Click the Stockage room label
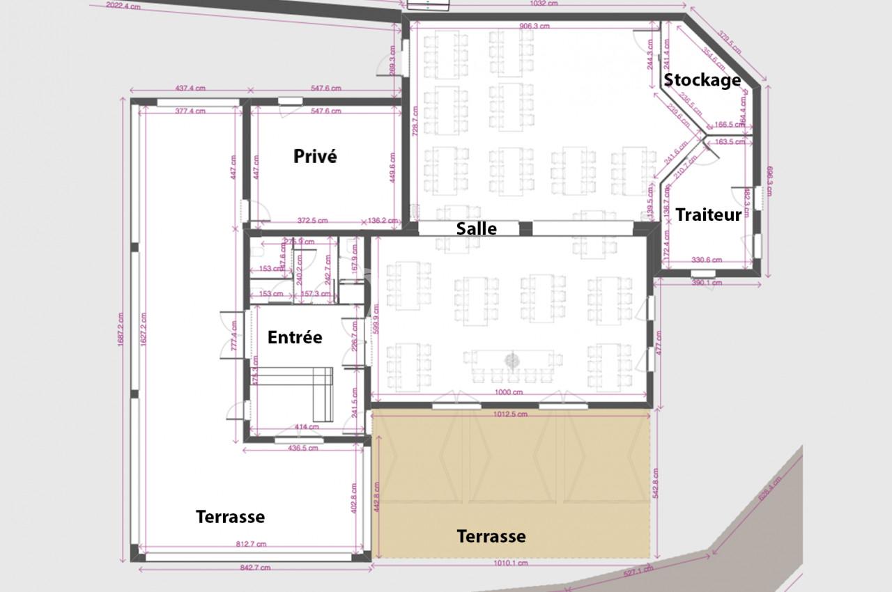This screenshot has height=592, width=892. pos(701,80)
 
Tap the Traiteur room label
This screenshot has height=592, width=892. pos(708,215)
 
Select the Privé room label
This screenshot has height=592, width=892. pos(315,156)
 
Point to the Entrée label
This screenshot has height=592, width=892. pos(295,337)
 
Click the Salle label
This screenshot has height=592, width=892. pos(477,228)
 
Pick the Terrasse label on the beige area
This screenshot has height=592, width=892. pos(491,536)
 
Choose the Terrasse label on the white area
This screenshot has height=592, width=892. pos(230,517)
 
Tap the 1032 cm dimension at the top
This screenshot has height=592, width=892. pos(544,3)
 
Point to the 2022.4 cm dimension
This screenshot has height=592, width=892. pos(124,6)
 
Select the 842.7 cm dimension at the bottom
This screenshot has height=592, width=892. pos(254,568)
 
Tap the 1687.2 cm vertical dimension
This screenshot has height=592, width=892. pos(121,329)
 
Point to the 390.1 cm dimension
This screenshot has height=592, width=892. pos(705,283)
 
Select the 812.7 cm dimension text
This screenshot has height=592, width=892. pos(252,544)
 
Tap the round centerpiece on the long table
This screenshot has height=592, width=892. pos(512,360)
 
